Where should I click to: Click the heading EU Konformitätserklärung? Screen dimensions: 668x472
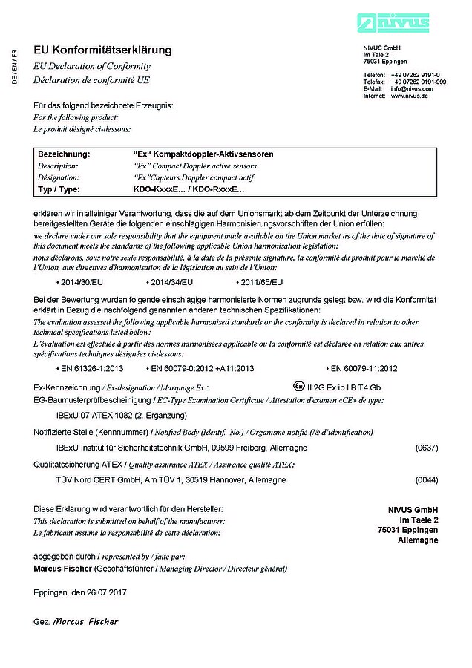[x=102, y=50]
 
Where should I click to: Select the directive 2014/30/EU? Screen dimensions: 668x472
[x=82, y=282]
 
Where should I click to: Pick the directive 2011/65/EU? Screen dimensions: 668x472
[x=260, y=282]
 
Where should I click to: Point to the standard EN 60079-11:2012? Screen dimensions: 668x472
[x=364, y=368]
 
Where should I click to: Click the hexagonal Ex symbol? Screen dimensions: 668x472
[x=298, y=386]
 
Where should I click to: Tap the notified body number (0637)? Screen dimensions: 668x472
[x=427, y=448]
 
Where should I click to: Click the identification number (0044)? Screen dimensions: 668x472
[x=427, y=480]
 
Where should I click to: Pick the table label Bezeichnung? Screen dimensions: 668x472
[x=64, y=154]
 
